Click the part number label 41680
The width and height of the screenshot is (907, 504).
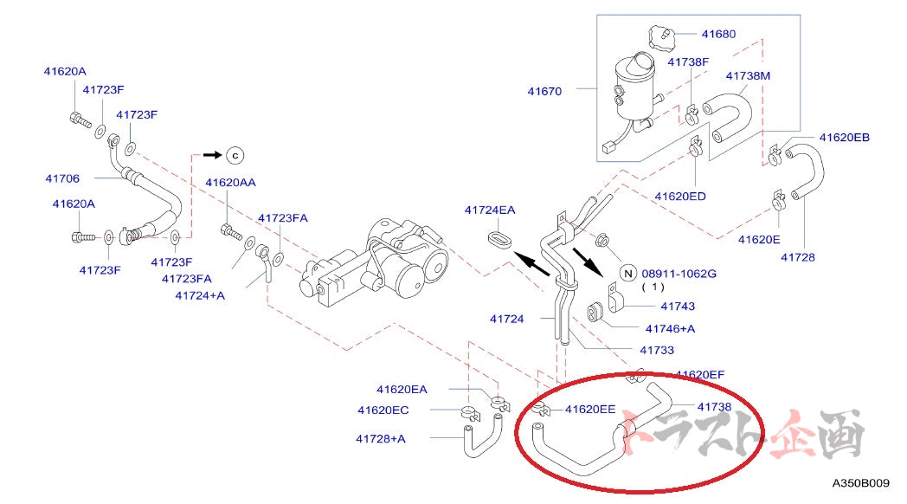click(718, 35)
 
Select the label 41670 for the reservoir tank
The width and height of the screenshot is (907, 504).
click(545, 90)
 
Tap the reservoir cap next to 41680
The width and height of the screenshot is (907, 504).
click(660, 37)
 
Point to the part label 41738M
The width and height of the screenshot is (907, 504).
click(748, 75)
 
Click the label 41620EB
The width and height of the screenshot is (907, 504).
click(844, 138)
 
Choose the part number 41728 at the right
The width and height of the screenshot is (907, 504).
click(797, 257)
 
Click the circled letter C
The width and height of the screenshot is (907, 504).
click(235, 155)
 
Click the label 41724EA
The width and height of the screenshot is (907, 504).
click(489, 210)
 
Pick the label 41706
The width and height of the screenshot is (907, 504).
click(62, 178)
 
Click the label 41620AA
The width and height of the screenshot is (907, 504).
click(230, 183)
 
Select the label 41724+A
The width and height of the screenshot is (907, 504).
click(199, 295)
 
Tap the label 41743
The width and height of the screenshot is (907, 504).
click(677, 306)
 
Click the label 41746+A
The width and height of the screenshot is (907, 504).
click(670, 328)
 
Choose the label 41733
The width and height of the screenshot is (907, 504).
click(657, 350)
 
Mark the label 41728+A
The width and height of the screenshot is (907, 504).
click(380, 438)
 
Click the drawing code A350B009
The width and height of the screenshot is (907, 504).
click(866, 484)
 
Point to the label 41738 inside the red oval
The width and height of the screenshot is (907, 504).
click(714, 406)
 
